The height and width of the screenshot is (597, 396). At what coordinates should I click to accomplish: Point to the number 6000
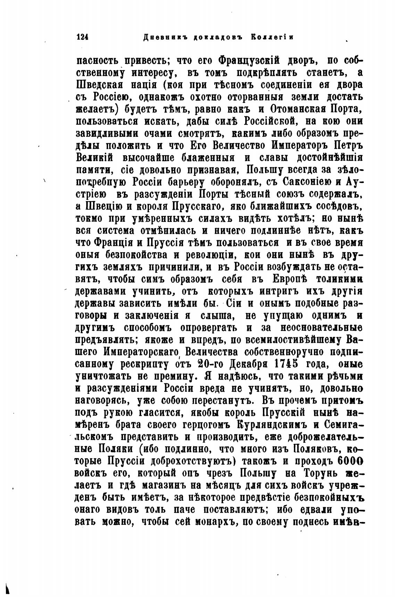click(x=350, y=462)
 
